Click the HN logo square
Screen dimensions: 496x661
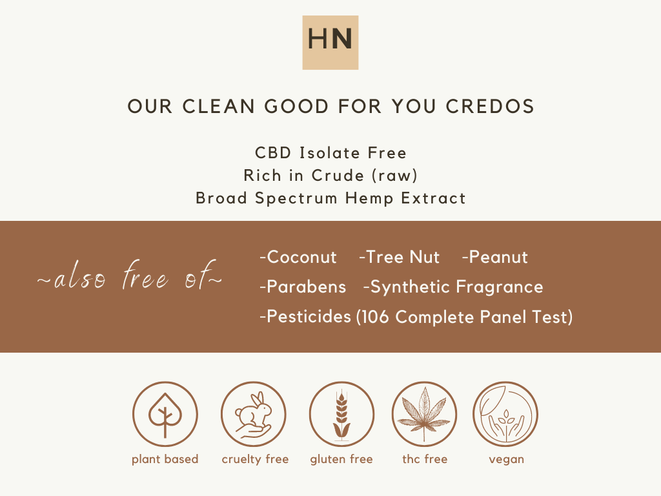[330, 42]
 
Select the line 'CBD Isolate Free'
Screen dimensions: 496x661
[330, 153]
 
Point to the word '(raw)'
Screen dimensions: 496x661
[396, 176]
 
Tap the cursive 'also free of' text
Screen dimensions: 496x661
[130, 280]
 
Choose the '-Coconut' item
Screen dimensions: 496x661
[298, 257]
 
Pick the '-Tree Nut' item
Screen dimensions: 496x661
[399, 257]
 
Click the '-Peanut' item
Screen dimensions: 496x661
[495, 257]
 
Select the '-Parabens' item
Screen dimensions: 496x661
[302, 287]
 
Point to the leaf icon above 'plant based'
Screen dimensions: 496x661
[165, 414]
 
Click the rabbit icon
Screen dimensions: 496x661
[254, 414]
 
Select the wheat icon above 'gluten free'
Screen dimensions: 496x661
[341, 414]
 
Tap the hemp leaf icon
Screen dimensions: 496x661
[424, 414]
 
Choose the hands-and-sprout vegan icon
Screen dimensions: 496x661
[505, 414]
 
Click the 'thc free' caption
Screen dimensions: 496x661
[425, 459]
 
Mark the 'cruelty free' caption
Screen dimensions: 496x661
[255, 459]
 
